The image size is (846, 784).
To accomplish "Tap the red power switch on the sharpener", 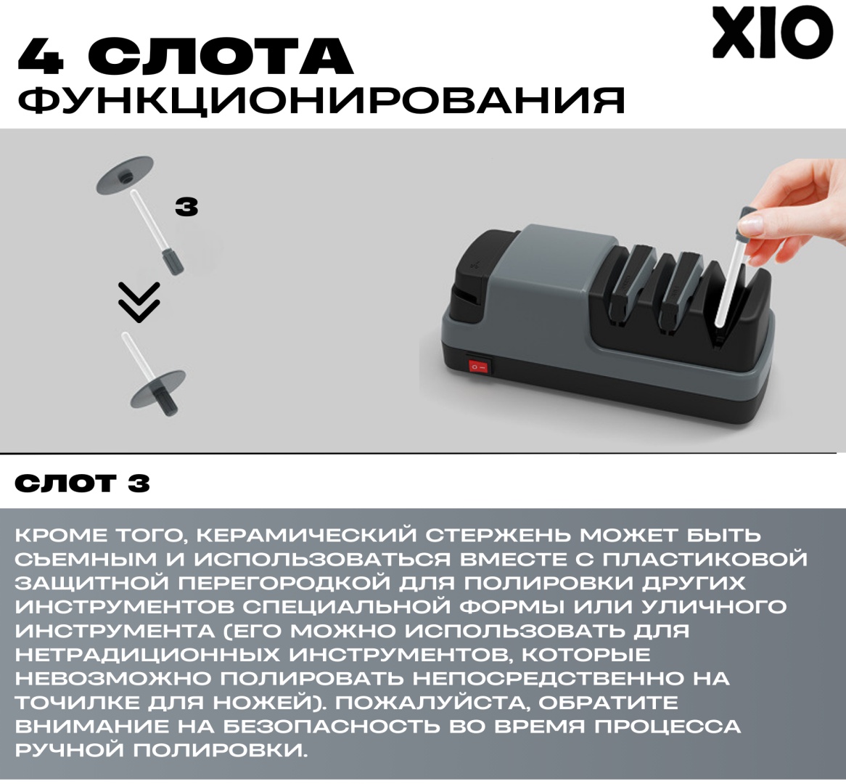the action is click(x=478, y=367).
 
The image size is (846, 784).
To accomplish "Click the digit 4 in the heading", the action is click(x=41, y=56).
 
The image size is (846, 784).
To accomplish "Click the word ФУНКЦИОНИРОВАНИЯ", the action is click(x=321, y=100).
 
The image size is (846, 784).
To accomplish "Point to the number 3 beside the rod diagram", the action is click(x=186, y=207).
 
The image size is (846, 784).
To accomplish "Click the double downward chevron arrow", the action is click(x=139, y=303).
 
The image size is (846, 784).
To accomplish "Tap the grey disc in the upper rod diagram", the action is click(x=125, y=176).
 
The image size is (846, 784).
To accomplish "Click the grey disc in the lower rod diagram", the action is click(x=158, y=389).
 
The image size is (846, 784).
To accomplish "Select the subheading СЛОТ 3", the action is click(x=83, y=483).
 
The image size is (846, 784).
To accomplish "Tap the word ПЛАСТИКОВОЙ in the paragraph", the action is click(x=704, y=559).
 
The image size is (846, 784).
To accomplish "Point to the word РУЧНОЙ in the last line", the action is click(x=70, y=750).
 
